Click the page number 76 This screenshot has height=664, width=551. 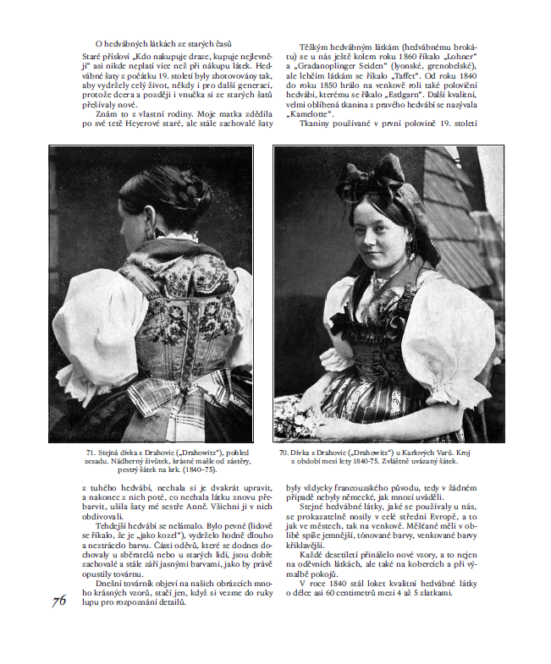(x=59, y=601)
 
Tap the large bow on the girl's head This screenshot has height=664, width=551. (x=382, y=176)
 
